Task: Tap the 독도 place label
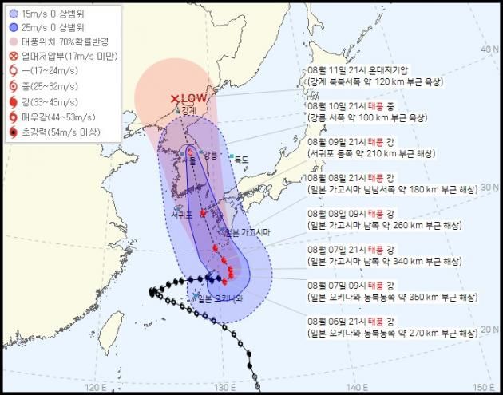pos(241,160)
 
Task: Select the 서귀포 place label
pos(180,215)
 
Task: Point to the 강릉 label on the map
pos(209,155)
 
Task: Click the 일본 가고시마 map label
pos(248,232)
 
